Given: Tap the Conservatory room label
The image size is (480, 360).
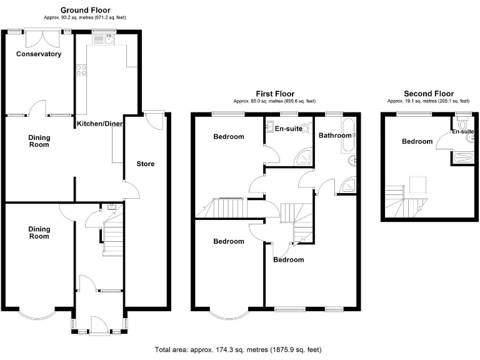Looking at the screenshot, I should tap(39, 54).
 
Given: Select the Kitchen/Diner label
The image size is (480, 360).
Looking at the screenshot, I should tap(100, 124).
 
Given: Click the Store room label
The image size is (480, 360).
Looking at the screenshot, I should tap(146, 164).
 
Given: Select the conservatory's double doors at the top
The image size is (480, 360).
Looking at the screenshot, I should tap(39, 36).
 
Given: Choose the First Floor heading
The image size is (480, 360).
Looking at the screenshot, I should tap(275, 94).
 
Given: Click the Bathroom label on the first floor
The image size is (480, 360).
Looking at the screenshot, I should tap(335, 135).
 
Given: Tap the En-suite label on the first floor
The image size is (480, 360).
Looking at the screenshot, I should tap(289, 129).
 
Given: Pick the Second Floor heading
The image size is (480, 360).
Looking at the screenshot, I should tap(429, 94).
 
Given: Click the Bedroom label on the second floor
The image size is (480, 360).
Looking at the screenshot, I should tap(417, 141).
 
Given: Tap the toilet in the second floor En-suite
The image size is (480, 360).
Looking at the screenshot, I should tap(463, 123).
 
